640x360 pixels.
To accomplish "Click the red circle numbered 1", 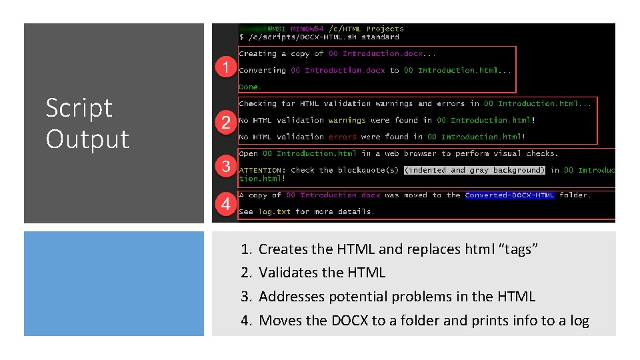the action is tap(227, 67).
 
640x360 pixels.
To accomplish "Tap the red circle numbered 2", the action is tap(227, 123).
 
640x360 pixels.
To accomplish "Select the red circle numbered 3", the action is tap(227, 167).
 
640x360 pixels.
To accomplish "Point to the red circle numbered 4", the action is tap(227, 205).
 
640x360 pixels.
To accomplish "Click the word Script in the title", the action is tap(79, 109).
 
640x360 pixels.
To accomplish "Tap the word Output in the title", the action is tap(87, 139).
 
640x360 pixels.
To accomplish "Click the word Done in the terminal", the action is tap(249, 87).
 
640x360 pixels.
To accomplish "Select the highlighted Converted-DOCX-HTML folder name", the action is tap(509, 195).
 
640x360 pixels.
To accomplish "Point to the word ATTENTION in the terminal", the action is tap(263, 170).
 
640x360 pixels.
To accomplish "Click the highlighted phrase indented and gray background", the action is tap(475, 170).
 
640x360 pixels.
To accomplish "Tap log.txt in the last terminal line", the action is tap(274, 211).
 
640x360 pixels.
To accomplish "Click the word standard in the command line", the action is tap(380, 37).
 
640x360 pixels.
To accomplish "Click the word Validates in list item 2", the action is tap(288, 273).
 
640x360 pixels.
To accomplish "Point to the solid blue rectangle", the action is tap(114, 283).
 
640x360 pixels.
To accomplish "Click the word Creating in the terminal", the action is tap(257, 53).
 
